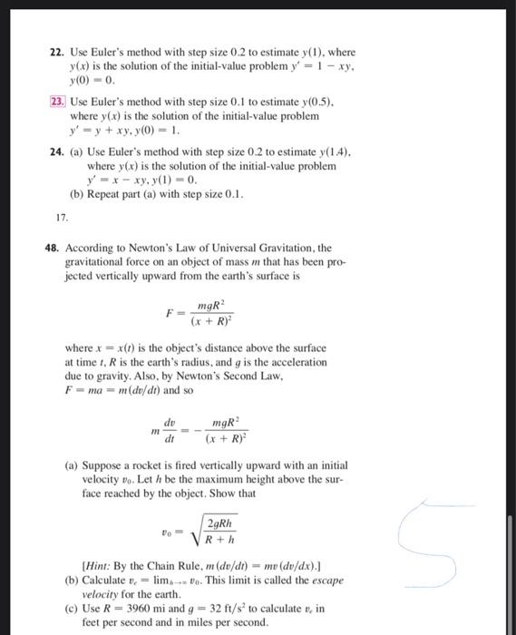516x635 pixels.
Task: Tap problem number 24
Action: (55, 153)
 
